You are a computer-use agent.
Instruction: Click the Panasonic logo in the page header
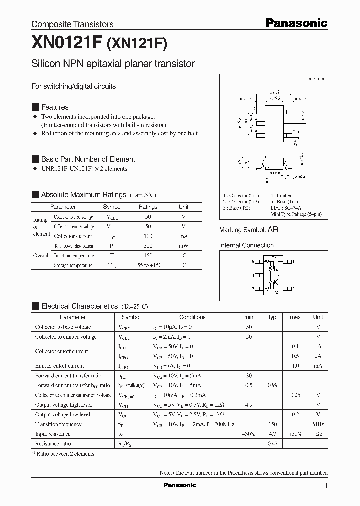[296, 23]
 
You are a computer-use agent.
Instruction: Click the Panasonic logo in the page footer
[180, 485]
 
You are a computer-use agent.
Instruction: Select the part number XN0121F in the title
[66, 43]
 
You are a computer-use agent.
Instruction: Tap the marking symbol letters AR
[273, 230]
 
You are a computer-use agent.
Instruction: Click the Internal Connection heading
[246, 245]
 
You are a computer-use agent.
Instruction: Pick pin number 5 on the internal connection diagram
[253, 261]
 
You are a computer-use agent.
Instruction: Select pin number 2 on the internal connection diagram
[293, 289]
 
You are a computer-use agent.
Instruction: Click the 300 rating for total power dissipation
[148, 246]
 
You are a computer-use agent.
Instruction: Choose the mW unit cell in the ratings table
[184, 246]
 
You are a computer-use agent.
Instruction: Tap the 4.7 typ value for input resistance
[272, 434]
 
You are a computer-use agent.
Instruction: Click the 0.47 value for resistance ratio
[272, 443]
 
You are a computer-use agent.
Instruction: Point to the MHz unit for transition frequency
[318, 424]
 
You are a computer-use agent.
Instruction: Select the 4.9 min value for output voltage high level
[249, 405]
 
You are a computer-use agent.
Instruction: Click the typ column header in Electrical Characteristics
[272, 317]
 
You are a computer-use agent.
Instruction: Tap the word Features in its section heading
[55, 107]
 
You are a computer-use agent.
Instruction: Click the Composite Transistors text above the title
[72, 24]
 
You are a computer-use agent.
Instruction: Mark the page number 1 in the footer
[326, 485]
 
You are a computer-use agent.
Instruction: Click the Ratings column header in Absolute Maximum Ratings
[148, 207]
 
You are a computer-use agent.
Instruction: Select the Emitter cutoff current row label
[59, 366]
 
